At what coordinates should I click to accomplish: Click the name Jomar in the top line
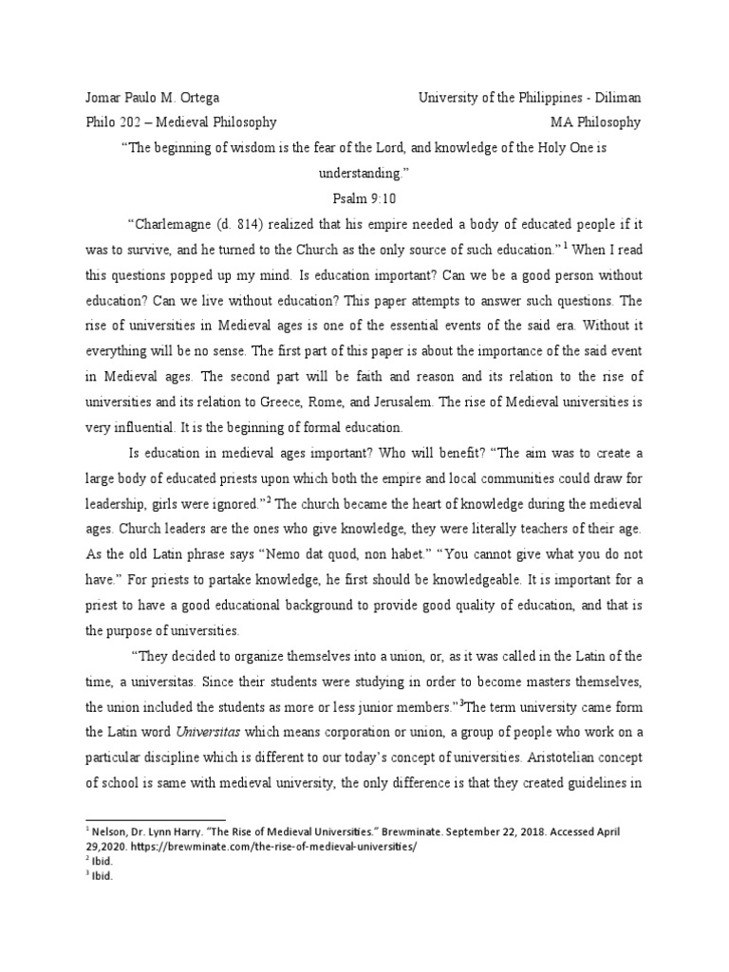(104, 98)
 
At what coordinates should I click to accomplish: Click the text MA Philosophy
(595, 122)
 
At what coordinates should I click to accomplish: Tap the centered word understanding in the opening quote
(364, 177)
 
